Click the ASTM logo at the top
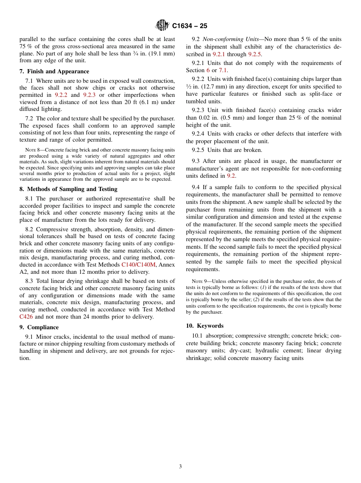pos(162,25)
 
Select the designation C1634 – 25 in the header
pos(190,26)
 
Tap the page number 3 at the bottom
pos(180,466)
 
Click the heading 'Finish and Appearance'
pos(58,71)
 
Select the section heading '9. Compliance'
pos(39,327)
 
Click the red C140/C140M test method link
pos(138,264)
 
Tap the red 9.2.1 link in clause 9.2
pos(219,54)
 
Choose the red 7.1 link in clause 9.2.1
pos(223,70)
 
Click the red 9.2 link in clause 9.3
pos(231,176)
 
